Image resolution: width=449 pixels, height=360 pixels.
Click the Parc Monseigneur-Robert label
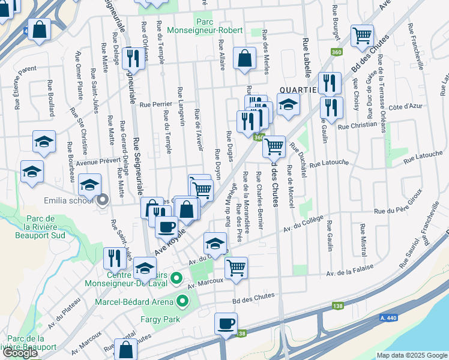218,25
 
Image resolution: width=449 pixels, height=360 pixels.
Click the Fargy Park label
161,320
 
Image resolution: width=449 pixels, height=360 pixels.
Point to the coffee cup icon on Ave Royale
166,226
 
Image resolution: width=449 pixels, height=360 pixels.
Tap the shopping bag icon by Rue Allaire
244,58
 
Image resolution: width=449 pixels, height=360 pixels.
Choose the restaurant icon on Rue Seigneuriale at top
131,58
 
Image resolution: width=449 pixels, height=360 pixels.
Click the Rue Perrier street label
155,104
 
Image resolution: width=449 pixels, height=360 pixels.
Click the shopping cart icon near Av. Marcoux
237,267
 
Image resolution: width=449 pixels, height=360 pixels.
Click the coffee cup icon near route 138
226,323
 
